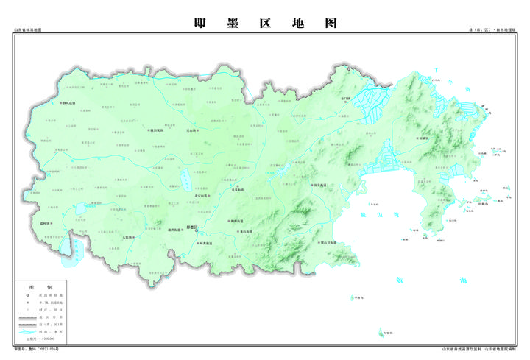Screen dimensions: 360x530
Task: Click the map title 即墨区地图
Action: coord(265,23)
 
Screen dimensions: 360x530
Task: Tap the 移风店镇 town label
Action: coord(67,102)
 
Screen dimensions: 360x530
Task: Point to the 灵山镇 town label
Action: coord(193,129)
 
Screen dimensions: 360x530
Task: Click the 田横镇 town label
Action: coord(424,136)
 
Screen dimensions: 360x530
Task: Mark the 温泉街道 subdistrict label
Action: coord(322,185)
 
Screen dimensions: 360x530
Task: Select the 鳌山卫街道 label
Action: coord(325,242)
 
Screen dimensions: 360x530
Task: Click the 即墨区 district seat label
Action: coord(192,227)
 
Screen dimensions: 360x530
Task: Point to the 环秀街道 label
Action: coord(203,242)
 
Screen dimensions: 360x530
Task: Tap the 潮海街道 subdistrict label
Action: coord(236,220)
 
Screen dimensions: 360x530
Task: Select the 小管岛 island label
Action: coord(358,297)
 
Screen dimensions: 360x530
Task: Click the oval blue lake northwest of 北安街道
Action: coord(185,180)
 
